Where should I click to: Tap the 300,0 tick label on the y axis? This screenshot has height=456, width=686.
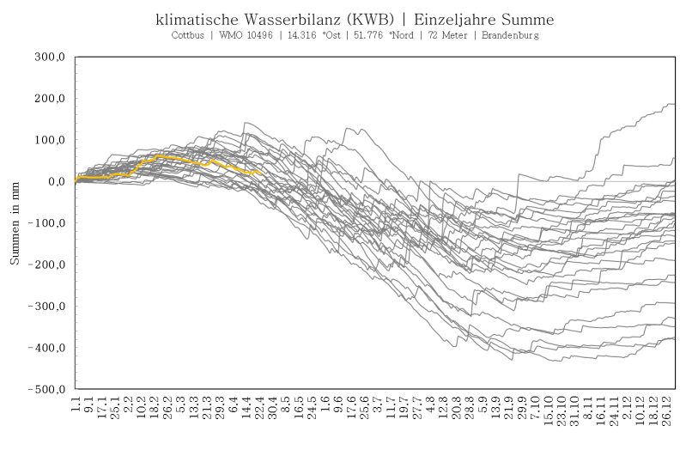(x=51, y=58)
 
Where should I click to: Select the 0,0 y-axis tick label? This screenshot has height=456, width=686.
(x=57, y=182)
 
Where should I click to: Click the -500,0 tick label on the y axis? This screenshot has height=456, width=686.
(x=48, y=390)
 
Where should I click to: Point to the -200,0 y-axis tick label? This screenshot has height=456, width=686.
(x=48, y=265)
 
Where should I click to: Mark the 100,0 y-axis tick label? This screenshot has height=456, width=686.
(x=51, y=141)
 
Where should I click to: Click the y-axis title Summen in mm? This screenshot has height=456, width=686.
(x=15, y=223)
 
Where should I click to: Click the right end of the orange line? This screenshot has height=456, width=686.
(x=261, y=173)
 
